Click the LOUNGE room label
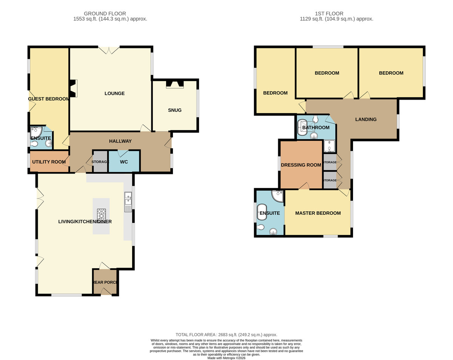coord(114,94)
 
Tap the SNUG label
coord(175,110)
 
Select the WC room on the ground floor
coord(124,162)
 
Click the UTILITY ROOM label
coord(49,162)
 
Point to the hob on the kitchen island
coord(101,214)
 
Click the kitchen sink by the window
coord(128,202)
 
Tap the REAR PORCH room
coord(105,282)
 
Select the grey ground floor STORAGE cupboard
coord(100,162)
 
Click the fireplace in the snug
coord(175,84)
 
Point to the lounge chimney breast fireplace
coord(74,88)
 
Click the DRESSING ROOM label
coord(301,165)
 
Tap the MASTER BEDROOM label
coord(318,213)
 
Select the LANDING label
coord(366,120)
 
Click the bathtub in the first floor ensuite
coord(261,212)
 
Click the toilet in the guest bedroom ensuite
coord(34,144)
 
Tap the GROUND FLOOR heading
coord(105,14)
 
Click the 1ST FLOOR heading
coord(329,14)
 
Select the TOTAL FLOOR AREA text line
coord(226,335)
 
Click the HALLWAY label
coord(120,141)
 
